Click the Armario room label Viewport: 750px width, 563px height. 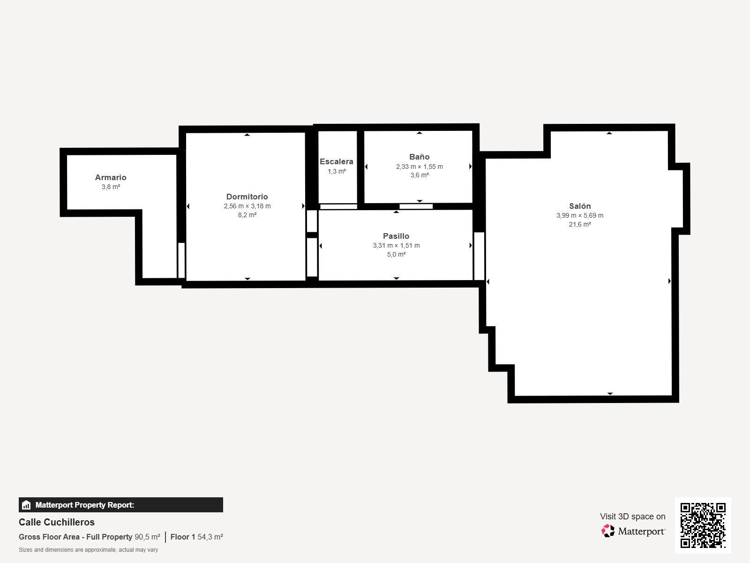(110, 177)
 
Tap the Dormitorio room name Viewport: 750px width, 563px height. (247, 197)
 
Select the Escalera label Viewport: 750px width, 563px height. (337, 161)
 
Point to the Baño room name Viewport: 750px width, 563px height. (419, 157)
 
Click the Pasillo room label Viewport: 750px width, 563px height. (396, 236)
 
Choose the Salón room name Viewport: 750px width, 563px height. (580, 206)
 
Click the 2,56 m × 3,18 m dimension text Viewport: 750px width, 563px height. (247, 206)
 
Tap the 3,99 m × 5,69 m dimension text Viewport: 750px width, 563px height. (580, 215)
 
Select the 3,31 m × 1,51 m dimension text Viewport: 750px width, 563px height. (396, 245)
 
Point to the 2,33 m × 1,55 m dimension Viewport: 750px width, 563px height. (419, 167)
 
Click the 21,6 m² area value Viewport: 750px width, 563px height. (580, 224)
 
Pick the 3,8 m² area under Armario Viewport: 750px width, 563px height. (111, 187)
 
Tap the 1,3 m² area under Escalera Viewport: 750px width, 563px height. (337, 171)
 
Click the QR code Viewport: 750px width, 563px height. (703, 525)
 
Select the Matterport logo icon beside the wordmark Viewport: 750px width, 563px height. (608, 531)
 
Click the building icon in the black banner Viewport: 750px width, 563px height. (26, 505)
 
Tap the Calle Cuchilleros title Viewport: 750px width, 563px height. (56, 522)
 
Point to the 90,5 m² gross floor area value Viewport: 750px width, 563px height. (147, 537)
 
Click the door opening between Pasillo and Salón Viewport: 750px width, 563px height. (479, 256)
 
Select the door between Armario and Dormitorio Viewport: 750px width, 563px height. (181, 260)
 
